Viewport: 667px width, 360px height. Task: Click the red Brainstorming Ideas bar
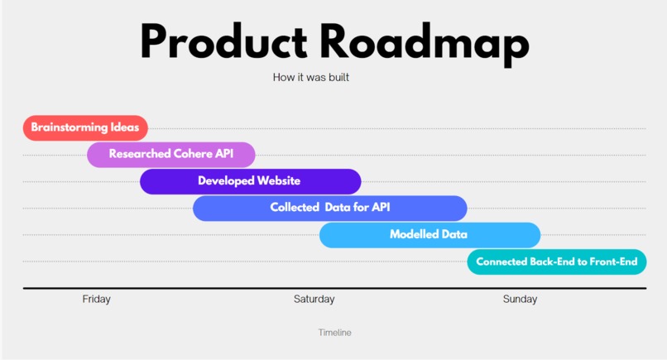85,127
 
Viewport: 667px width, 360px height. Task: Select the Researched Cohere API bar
171,155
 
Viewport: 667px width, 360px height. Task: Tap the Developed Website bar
251,181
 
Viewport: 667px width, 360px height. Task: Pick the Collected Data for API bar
330,208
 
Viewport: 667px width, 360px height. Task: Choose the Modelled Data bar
430,235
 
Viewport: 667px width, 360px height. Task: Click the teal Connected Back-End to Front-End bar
557,262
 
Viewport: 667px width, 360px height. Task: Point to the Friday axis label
97,299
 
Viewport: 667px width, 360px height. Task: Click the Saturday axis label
314,299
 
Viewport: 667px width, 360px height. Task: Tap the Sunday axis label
520,299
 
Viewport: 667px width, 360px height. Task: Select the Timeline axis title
335,333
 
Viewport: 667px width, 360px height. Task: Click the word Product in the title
223,43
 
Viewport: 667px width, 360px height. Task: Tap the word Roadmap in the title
425,44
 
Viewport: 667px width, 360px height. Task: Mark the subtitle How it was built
311,78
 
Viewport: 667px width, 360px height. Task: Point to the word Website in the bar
279,181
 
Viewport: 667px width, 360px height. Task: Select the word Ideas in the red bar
125,127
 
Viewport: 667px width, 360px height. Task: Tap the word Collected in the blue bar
295,207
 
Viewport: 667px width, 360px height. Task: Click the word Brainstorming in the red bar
70,127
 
